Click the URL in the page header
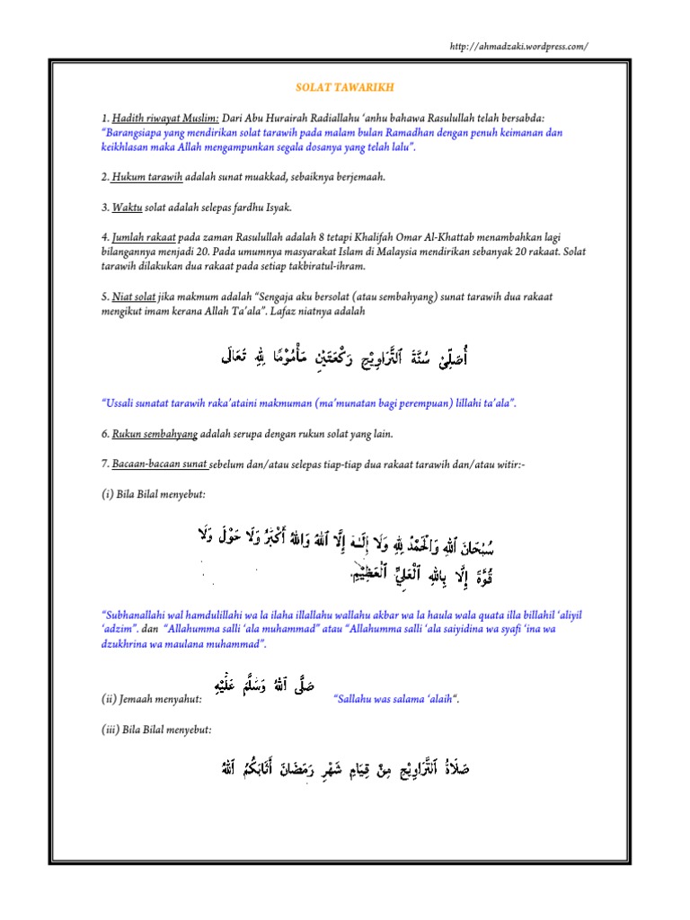coord(518,47)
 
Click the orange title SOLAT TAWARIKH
coord(344,88)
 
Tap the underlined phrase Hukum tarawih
coord(141,177)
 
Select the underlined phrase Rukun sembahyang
coord(155,434)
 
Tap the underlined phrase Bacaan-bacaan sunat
coord(161,464)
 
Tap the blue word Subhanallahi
coord(140,615)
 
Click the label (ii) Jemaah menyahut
coord(150,698)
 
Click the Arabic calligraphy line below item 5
coord(345,360)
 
